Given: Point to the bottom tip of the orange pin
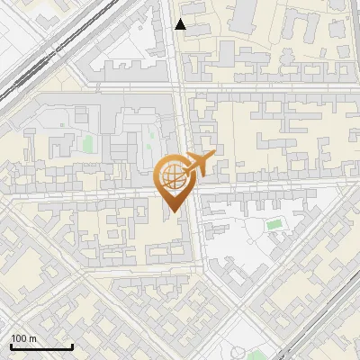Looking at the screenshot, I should pyautogui.click(x=172, y=212).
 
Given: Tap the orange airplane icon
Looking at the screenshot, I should pyautogui.click(x=199, y=164).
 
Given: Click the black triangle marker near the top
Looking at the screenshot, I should pyautogui.click(x=181, y=24).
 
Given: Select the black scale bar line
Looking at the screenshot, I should pyautogui.click(x=40, y=347).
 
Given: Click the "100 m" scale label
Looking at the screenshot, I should pyautogui.click(x=24, y=338).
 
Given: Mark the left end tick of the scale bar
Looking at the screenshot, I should pyautogui.click(x=10, y=346).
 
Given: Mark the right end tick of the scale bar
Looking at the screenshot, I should pyautogui.click(x=72, y=346).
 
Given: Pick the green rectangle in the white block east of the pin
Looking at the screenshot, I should pyautogui.click(x=274, y=224).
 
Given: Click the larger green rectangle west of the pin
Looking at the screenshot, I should pyautogui.click(x=88, y=143).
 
